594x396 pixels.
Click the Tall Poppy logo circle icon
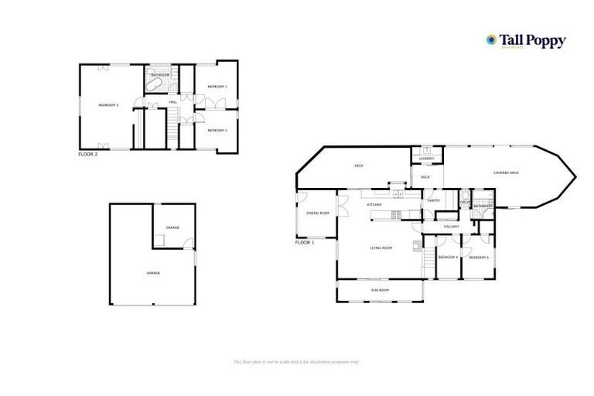(490, 39)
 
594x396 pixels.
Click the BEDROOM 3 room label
(108, 104)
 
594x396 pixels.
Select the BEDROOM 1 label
(217, 86)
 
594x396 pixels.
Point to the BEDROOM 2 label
(217, 130)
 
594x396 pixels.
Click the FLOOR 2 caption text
(88, 155)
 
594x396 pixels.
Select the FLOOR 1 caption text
(306, 243)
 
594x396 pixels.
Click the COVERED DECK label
(506, 172)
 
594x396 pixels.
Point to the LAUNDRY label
(426, 159)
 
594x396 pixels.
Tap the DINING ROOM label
(318, 213)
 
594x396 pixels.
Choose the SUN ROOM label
(379, 290)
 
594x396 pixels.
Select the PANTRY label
(433, 200)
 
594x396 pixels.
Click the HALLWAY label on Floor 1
(452, 226)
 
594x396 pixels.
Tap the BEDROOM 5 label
(479, 257)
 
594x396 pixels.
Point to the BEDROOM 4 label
(448, 257)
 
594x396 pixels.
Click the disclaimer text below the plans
(296, 361)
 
